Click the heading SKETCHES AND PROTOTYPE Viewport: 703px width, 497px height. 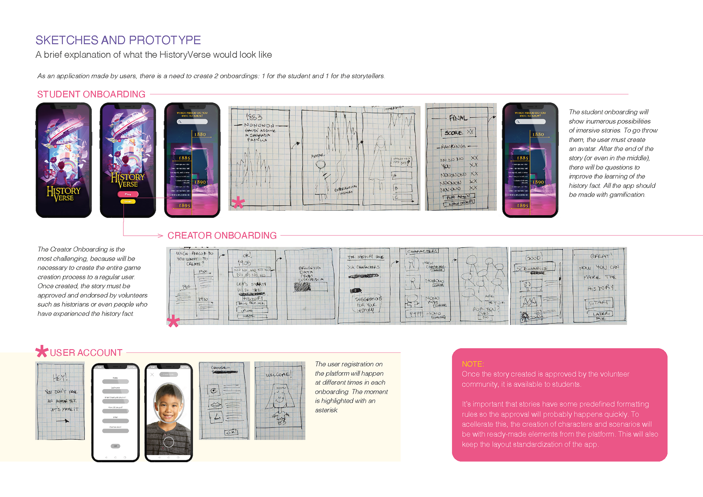pos(118,40)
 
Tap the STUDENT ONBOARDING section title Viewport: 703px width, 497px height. pos(91,94)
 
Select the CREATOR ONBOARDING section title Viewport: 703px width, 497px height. pos(222,235)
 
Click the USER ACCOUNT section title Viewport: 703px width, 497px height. pos(86,352)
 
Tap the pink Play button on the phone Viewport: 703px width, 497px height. pos(128,194)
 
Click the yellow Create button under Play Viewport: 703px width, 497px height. pos(128,202)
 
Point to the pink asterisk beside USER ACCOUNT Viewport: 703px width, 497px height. pos(42,351)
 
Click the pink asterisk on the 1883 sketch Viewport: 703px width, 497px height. pos(238,202)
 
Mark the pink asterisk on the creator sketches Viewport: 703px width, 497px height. pos(173,321)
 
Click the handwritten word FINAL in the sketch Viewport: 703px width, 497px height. pos(458,118)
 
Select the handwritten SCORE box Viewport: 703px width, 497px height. pos(458,132)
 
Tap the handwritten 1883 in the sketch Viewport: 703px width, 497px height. pos(254,117)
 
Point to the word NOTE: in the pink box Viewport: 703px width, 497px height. pos(473,364)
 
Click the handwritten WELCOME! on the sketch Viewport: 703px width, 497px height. pos(279,374)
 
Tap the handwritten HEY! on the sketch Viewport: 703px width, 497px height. pos(60,377)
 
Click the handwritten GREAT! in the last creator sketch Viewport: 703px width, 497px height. pos(600,256)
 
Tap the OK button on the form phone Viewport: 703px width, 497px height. pos(115,446)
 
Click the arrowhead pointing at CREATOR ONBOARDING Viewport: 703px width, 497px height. pos(161,236)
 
